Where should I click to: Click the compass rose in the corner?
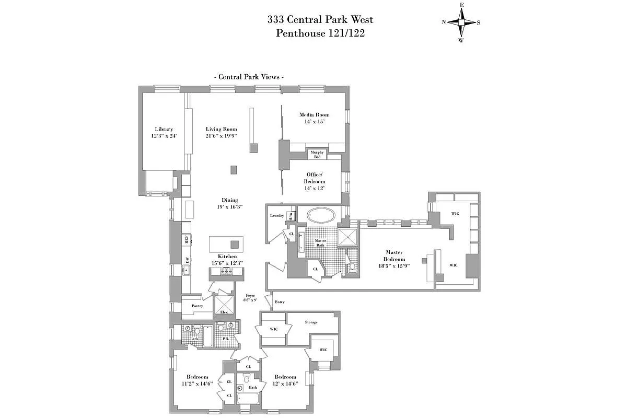pyautogui.click(x=461, y=22)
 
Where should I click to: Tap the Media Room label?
pyautogui.click(x=314, y=115)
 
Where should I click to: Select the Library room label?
pyautogui.click(x=164, y=130)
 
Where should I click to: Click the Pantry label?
pyautogui.click(x=197, y=306)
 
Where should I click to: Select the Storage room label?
pyautogui.click(x=311, y=322)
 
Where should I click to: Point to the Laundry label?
pyautogui.click(x=277, y=216)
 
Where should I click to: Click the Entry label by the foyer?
pyautogui.click(x=280, y=303)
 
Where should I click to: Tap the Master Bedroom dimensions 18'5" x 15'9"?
pyautogui.click(x=394, y=265)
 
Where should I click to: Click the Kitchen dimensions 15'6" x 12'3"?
pyautogui.click(x=228, y=263)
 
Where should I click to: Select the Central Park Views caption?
pyautogui.click(x=249, y=77)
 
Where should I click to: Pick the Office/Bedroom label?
pyautogui.click(x=315, y=178)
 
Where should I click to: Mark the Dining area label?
pyautogui.click(x=229, y=200)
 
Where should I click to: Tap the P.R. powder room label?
pyautogui.click(x=226, y=338)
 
